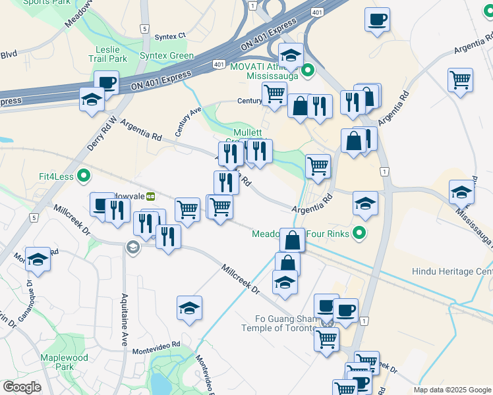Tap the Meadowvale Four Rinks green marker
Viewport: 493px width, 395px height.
pos(359,232)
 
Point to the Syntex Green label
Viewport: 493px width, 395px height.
pos(167,56)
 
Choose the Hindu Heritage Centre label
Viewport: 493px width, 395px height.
pos(452,271)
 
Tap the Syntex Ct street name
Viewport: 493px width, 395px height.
pos(171,36)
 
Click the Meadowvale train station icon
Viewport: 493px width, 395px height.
pos(151,196)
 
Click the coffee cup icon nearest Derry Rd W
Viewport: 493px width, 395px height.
pos(106,84)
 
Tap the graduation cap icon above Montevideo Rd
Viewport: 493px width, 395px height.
pos(189,307)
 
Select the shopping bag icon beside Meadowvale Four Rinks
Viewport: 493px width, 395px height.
pos(292,240)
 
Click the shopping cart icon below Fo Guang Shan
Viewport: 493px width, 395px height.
pos(326,340)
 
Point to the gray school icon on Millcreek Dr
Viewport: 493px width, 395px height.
pos(132,247)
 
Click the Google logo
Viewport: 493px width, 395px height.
pos(22,387)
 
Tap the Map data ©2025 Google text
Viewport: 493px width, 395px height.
pos(452,390)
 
